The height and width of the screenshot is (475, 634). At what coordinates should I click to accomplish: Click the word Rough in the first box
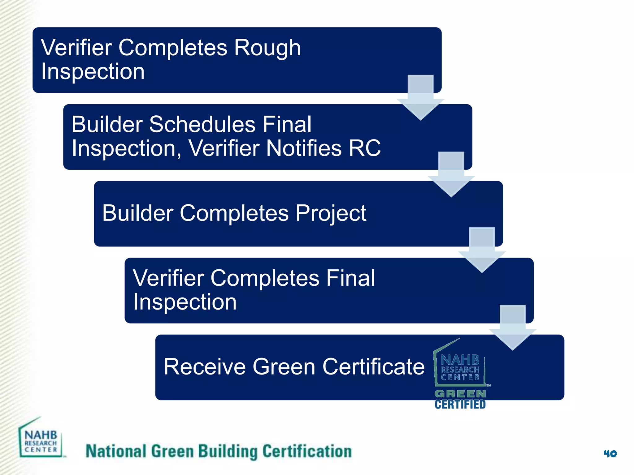coord(267,48)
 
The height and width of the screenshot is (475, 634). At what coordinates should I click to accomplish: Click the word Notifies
coord(303,148)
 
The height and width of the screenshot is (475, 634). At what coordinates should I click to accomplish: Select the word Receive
coord(205,367)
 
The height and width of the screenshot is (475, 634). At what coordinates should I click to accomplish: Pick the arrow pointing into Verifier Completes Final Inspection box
coord(482,251)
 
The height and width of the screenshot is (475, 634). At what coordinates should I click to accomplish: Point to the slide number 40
coord(610,454)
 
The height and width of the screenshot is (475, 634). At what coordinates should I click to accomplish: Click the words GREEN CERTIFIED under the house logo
coord(460,399)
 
